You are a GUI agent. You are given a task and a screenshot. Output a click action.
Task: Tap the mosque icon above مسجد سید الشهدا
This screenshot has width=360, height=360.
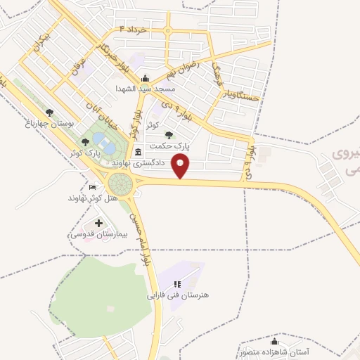[145, 78]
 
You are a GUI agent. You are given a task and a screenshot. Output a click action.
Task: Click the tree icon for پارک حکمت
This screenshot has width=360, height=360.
[167, 134]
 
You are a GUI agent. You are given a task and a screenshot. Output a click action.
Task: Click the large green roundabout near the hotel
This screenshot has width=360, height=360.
[121, 184]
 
